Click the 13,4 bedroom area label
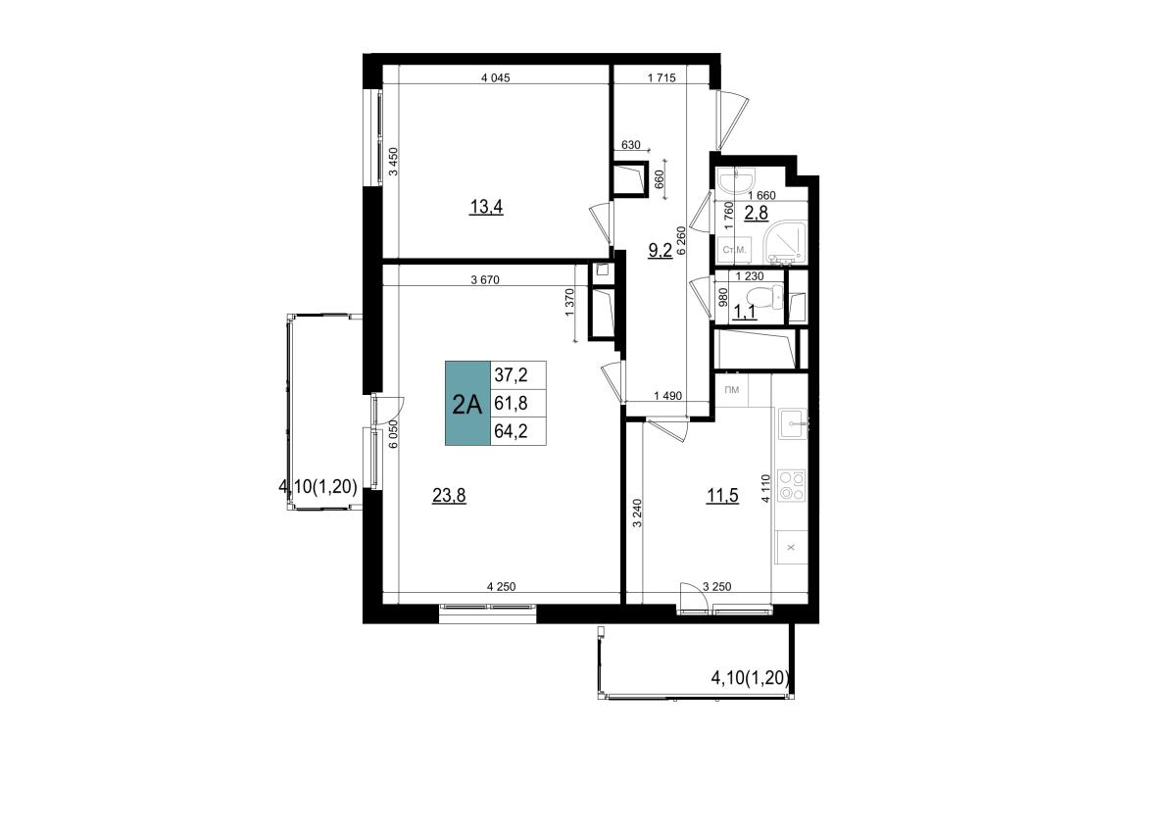[x=486, y=208]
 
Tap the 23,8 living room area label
[x=449, y=495]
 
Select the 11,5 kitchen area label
[x=722, y=495]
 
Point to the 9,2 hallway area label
[x=661, y=250]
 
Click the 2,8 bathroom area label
[x=757, y=213]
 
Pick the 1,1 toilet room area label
[x=744, y=313]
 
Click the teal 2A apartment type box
[x=467, y=403]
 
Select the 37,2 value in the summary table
[x=511, y=375]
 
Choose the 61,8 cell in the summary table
[x=511, y=403]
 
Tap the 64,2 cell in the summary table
[x=511, y=431]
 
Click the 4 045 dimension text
[x=496, y=78]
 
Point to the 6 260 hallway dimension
[x=681, y=240]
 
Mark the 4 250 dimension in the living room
[x=502, y=587]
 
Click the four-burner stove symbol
[x=791, y=485]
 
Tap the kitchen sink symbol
[x=793, y=423]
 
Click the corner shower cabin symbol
[x=786, y=242]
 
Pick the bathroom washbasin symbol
[x=736, y=181]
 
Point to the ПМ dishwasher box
[x=732, y=390]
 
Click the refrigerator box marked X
[x=792, y=548]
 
